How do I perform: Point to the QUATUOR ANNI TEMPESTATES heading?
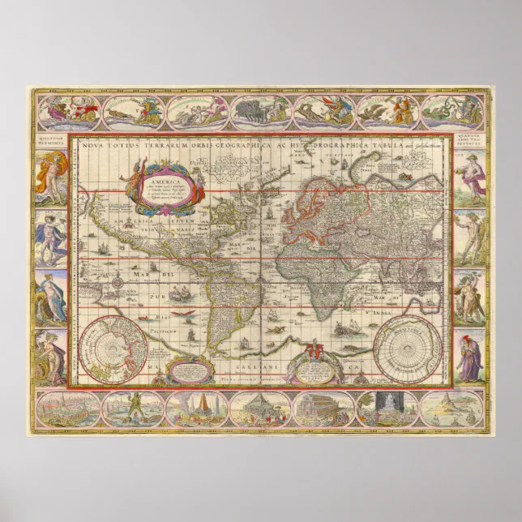pyautogui.click(x=471, y=139)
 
